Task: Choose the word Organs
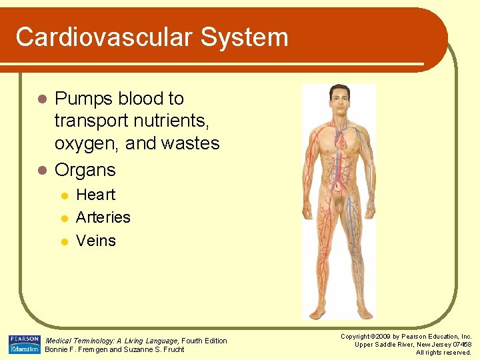click(85, 170)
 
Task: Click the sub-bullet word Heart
click(95, 195)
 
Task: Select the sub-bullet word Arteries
click(103, 217)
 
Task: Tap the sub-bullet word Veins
click(96, 240)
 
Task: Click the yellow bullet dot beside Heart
click(64, 196)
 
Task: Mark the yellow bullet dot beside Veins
click(64, 241)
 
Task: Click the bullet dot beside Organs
click(42, 171)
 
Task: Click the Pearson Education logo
click(25, 344)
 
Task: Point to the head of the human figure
click(339, 99)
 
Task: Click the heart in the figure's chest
click(341, 141)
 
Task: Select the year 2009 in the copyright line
click(382, 337)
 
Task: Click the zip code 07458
click(461, 344)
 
